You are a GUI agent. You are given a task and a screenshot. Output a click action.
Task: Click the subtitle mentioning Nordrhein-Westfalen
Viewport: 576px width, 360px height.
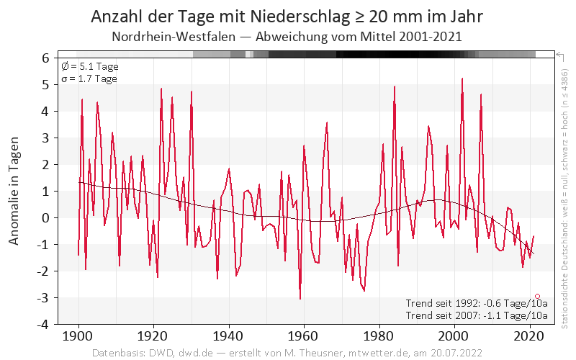(287, 36)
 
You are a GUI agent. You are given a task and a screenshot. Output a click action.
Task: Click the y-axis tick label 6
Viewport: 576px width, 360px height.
(45, 58)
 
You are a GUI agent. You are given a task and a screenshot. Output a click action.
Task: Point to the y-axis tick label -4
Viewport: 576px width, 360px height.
(42, 324)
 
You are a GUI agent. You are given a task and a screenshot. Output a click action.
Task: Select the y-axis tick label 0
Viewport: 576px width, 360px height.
(45, 217)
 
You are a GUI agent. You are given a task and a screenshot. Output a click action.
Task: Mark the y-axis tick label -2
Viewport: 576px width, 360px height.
(42, 271)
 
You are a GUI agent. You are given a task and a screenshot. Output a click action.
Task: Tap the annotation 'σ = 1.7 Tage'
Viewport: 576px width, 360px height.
(89, 78)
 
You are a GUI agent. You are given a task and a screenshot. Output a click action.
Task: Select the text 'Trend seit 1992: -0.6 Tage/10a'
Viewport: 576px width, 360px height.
(477, 303)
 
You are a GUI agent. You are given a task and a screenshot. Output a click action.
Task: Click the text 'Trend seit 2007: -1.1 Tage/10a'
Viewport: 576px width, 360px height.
(477, 315)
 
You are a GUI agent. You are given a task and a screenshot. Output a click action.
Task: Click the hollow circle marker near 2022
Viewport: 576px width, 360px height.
(537, 296)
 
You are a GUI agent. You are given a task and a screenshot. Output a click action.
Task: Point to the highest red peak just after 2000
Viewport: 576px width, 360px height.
(462, 78)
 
